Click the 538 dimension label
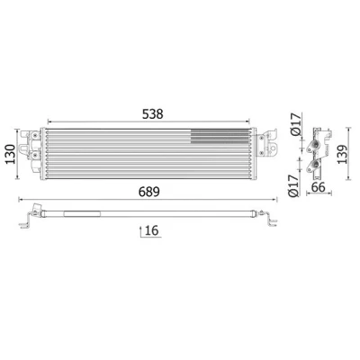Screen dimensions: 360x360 pyautogui.click(x=152, y=114)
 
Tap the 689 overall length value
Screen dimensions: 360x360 pyautogui.click(x=149, y=192)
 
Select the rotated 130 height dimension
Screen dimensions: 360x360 pyautogui.click(x=11, y=154)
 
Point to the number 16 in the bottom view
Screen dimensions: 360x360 pyautogui.click(x=152, y=230)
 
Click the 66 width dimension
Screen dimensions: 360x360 pyautogui.click(x=319, y=187)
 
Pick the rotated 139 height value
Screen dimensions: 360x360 pyautogui.click(x=342, y=154)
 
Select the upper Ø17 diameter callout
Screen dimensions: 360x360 pyautogui.click(x=295, y=124)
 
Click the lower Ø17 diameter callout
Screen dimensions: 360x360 pyautogui.click(x=294, y=185)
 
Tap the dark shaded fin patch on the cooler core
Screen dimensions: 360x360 pyautogui.click(x=220, y=137)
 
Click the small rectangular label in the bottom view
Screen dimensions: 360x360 pyautogui.click(x=82, y=214)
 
